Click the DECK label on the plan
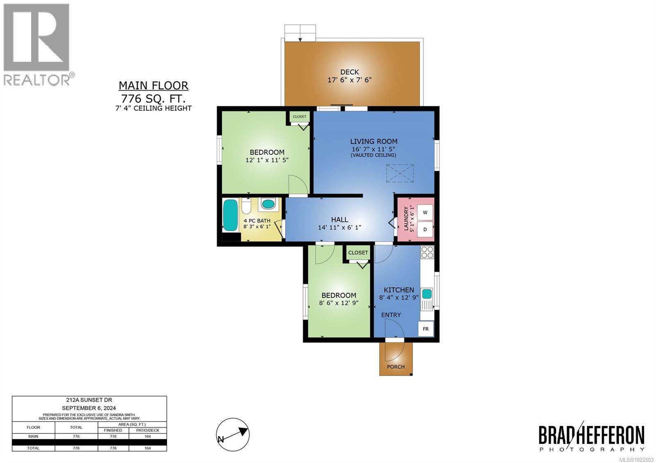point(349,72)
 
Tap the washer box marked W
point(425,212)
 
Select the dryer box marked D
point(425,229)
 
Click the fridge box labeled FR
point(426,329)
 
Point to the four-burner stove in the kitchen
point(427,252)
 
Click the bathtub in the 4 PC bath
point(230,215)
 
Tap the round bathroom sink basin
point(269,204)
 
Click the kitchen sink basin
point(427,293)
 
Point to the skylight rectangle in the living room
point(400,173)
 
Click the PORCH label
point(396,367)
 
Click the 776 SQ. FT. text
point(153,99)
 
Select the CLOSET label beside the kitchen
point(358,252)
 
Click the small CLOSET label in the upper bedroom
point(300,117)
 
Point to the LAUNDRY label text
point(406,218)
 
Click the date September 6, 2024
point(89,408)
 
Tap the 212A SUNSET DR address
point(89,400)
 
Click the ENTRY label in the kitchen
point(391,315)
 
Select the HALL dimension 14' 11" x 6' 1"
point(339,227)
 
